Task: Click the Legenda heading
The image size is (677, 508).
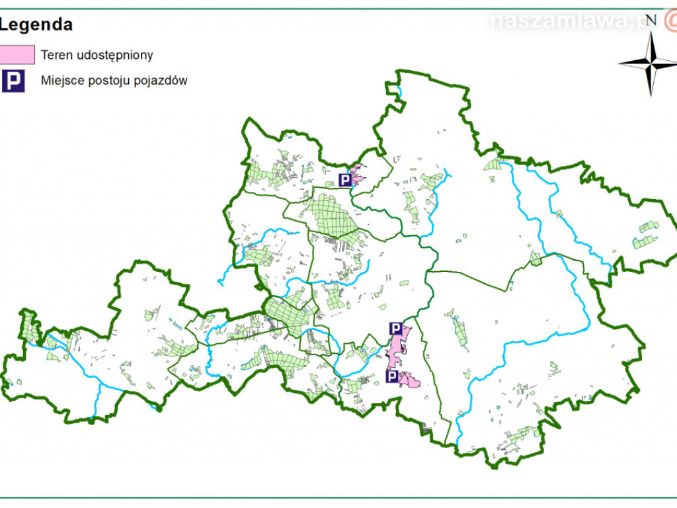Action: pos(36,25)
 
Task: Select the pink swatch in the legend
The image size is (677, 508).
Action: pos(17,55)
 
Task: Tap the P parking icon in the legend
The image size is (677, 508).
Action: pos(13,81)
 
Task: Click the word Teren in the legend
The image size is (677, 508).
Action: pos(55,55)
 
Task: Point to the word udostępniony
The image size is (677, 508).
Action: pos(113,56)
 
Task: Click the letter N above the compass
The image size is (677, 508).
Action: pos(651,20)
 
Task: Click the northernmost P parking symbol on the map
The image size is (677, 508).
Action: pos(345,180)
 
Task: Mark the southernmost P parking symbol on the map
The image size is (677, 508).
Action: pos(392,377)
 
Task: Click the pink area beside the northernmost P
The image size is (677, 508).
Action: pos(358,176)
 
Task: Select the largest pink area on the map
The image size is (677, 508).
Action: pos(398,347)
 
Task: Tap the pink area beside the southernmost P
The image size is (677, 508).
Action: pos(409,380)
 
